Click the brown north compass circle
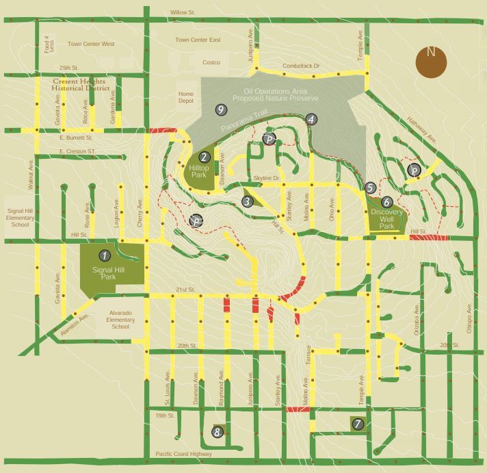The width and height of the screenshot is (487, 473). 431,62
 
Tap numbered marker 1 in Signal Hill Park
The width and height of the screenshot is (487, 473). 104,255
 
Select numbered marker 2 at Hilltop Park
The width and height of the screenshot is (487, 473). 205,156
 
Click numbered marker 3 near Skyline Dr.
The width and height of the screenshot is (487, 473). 247,201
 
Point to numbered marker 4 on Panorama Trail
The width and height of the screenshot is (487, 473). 311,119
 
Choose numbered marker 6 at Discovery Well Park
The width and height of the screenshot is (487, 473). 386,202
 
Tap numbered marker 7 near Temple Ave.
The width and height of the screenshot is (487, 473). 357,424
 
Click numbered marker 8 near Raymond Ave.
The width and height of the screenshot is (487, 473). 218,432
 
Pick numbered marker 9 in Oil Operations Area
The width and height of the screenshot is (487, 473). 220,110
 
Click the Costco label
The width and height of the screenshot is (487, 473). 211,63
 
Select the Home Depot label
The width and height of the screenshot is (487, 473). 186,98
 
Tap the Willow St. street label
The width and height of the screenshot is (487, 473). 183,12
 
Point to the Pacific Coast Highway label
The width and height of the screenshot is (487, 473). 184,455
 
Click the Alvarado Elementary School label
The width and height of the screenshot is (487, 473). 120,320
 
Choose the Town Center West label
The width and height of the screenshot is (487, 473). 91,44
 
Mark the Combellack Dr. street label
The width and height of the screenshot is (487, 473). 302,66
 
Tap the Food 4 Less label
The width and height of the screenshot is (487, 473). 47,44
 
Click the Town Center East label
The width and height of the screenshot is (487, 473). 198,40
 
